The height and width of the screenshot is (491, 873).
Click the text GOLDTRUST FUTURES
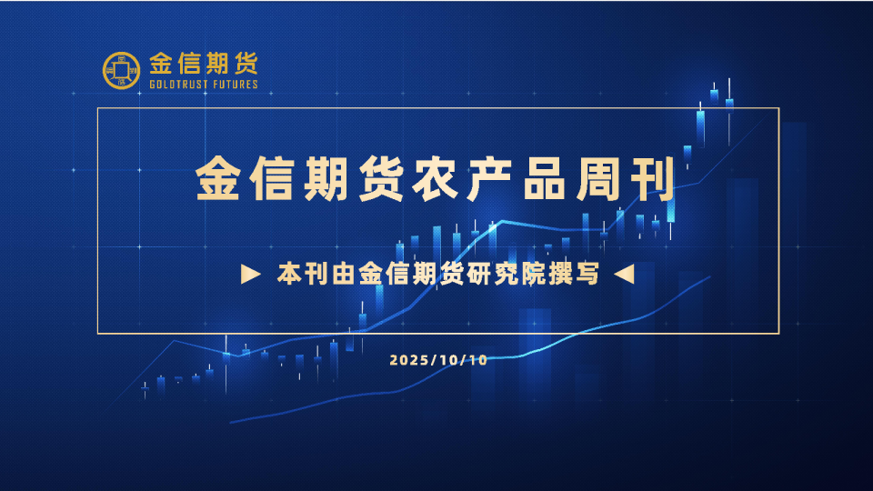click(204, 85)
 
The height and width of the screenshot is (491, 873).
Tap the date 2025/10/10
click(438, 360)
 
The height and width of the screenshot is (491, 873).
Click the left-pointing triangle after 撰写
click(623, 274)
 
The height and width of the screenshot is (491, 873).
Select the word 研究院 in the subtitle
click(507, 274)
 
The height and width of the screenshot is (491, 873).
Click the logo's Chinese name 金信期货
click(204, 65)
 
